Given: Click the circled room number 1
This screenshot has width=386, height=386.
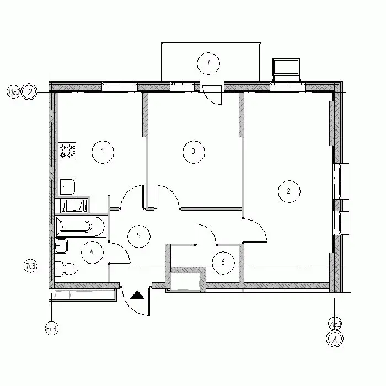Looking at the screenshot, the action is coord(103,152).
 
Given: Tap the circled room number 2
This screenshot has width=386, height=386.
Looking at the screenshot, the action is coord(289,191).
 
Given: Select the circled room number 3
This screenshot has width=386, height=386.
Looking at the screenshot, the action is coord(194,152).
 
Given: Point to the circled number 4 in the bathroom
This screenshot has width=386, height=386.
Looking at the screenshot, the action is coord(92,252).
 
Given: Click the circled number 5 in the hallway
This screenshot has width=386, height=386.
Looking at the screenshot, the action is coord(139,236).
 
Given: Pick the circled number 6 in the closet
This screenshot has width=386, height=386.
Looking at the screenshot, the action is coord(223,262).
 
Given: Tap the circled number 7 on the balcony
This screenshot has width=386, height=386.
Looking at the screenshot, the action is coord(208,63).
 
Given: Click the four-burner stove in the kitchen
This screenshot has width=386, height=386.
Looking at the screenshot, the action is coord(67,152).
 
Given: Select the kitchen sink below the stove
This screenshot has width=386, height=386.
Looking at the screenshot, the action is coord(67,186).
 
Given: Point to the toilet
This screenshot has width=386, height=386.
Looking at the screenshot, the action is coord(66,269).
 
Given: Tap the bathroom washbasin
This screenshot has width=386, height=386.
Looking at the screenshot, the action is coord(61,246).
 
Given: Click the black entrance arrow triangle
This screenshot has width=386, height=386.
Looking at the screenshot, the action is coord(137,295).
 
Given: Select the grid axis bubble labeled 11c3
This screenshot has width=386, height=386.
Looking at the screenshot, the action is coord(13,92).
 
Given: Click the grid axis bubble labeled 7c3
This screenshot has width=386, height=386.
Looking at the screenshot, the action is coord(30,266).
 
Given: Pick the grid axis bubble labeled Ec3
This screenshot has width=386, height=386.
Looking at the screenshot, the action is coord(52,329).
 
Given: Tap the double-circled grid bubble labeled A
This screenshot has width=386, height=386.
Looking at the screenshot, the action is coord(335,339).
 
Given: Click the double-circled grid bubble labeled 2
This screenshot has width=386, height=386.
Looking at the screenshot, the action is coord(29,92).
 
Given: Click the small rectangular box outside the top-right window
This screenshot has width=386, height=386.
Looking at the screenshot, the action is coord(286,67).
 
